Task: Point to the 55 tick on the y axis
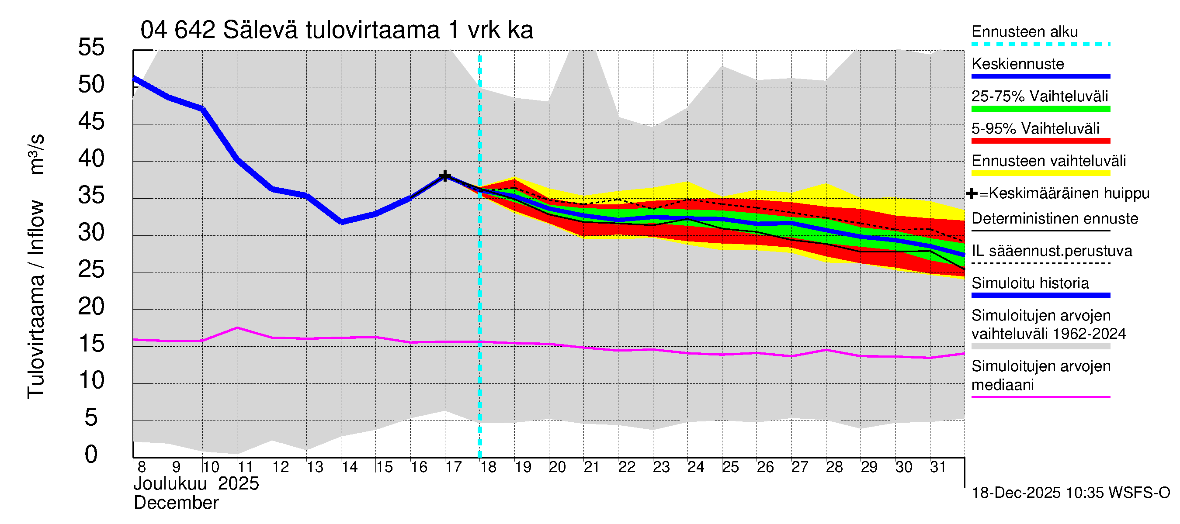(x=91, y=47)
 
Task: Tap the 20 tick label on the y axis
(x=91, y=306)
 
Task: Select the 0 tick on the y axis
(x=91, y=455)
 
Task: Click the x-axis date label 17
(x=453, y=467)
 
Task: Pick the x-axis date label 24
(x=695, y=467)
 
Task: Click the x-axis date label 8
(x=142, y=467)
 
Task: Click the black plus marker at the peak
(x=444, y=176)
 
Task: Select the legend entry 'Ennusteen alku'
(x=1024, y=32)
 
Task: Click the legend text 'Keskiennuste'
(x=1017, y=64)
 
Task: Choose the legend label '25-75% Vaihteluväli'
(x=1039, y=97)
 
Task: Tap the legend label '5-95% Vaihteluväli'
(x=1035, y=128)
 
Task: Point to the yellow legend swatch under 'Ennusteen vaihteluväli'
(x=1040, y=173)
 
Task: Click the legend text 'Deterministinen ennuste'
(x=1055, y=219)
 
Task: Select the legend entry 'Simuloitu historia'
(x=1030, y=283)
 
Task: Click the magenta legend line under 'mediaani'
(x=1040, y=397)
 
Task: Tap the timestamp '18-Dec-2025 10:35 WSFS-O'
(x=1070, y=493)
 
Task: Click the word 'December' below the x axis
(x=176, y=503)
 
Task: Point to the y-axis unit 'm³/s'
(x=37, y=154)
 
